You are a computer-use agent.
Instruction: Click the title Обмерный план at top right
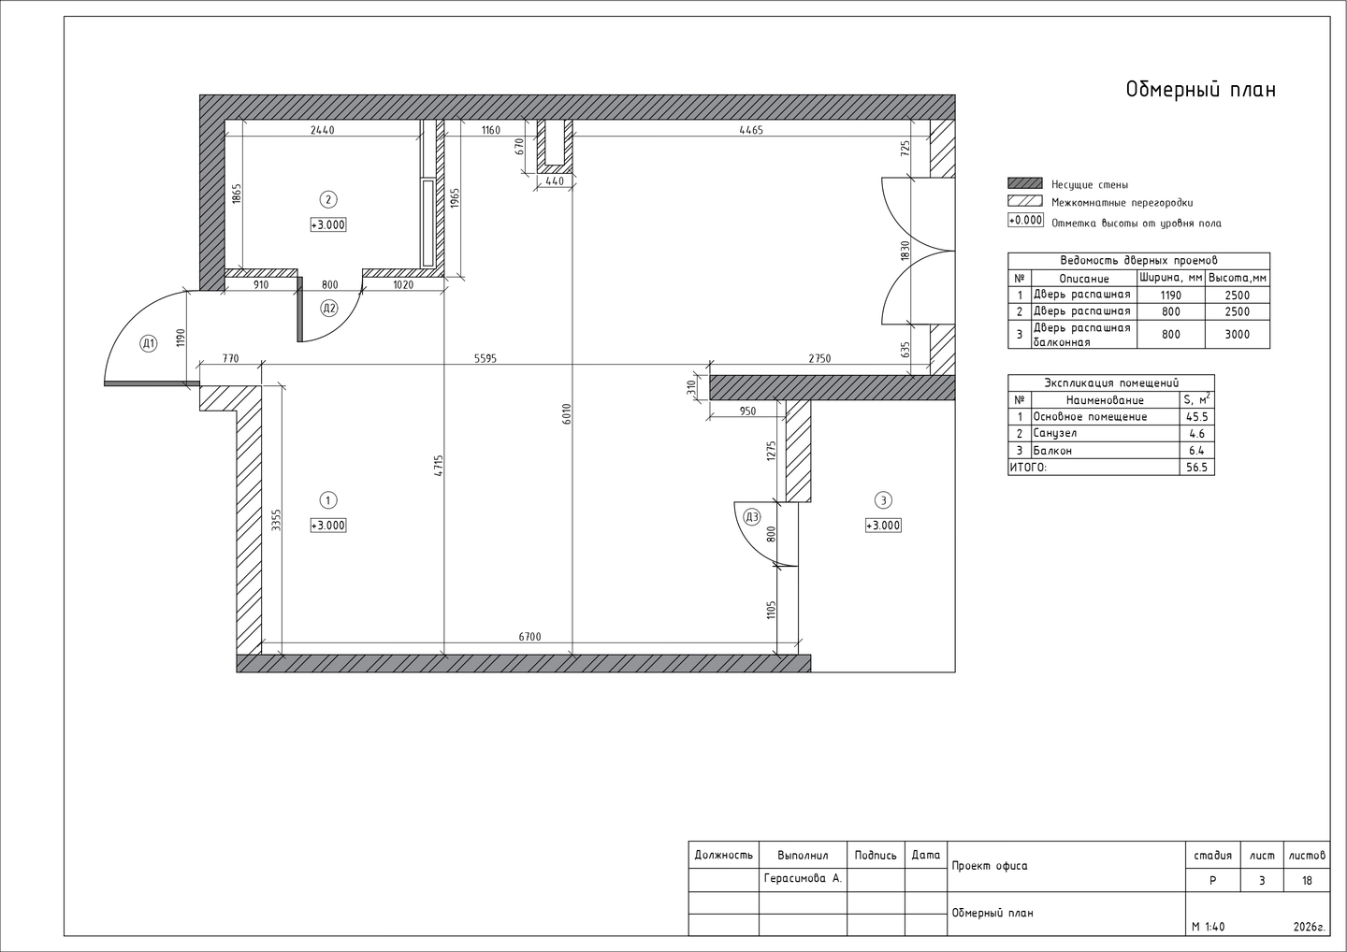(x=1200, y=90)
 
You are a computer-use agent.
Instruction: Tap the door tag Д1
(x=148, y=344)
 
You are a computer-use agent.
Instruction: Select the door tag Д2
(x=329, y=309)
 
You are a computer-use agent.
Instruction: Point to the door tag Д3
(x=752, y=517)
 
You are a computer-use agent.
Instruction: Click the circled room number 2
(x=327, y=199)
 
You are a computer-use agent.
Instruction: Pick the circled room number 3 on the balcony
(x=883, y=500)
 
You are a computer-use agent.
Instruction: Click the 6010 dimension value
(x=567, y=414)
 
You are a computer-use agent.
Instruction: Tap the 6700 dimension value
(x=529, y=637)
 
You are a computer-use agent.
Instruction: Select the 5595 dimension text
(x=485, y=359)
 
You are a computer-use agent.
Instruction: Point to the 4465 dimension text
(x=751, y=130)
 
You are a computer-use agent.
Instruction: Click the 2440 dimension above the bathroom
(x=323, y=130)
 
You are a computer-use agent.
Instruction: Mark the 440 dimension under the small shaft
(x=555, y=181)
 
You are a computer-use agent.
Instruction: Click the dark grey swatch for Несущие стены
(x=1024, y=183)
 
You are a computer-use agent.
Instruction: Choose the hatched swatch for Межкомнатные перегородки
(x=1024, y=201)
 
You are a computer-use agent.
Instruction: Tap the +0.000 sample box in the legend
(x=1025, y=221)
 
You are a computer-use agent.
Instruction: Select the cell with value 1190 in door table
(x=1171, y=296)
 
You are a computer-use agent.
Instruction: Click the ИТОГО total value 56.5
(x=1196, y=468)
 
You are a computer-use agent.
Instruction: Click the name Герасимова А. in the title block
(x=803, y=879)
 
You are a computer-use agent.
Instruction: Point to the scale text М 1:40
(x=1209, y=928)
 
